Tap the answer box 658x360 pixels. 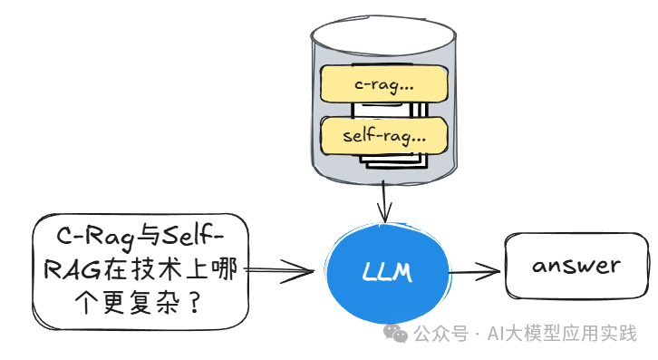pos(576,267)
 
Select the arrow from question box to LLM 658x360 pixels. pos(281,269)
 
